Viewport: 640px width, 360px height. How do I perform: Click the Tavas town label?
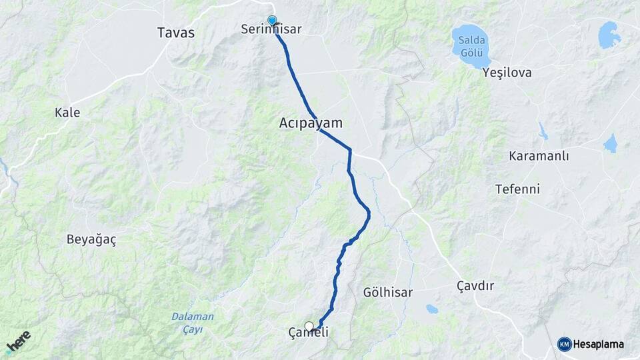176,32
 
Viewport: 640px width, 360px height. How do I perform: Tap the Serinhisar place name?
272,30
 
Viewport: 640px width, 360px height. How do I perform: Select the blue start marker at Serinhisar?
272,21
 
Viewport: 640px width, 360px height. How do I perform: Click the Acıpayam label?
311,123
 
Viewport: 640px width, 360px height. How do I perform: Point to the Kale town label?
67,113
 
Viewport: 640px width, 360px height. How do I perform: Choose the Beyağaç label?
91,240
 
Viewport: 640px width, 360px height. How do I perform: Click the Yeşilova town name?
507,73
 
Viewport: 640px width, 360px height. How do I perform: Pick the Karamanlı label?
539,156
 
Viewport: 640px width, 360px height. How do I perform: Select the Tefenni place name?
517,189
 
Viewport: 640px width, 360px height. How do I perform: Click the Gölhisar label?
388,293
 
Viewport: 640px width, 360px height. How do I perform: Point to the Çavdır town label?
475,286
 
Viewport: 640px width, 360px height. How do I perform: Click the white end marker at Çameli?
309,326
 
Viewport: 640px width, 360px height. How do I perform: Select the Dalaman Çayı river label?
193,322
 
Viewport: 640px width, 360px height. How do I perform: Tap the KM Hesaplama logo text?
598,344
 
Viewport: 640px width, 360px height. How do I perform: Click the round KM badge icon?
565,344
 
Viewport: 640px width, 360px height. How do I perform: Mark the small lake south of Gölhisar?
432,309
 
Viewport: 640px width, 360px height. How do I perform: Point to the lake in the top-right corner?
609,35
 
